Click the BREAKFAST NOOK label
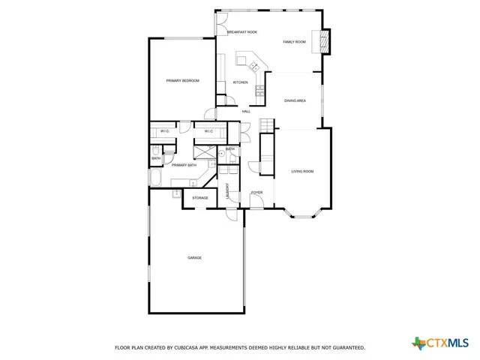pyautogui.click(x=242, y=32)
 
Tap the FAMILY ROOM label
pyautogui.click(x=294, y=42)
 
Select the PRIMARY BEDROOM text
pyautogui.click(x=182, y=80)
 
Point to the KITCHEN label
pyautogui.click(x=240, y=82)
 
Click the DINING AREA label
pyautogui.click(x=295, y=100)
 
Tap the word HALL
pyautogui.click(x=246, y=112)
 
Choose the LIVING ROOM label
pyautogui.click(x=302, y=172)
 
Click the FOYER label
pyautogui.click(x=256, y=193)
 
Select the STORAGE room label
pyautogui.click(x=199, y=198)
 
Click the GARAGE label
pyautogui.click(x=194, y=258)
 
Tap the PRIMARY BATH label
pyautogui.click(x=184, y=165)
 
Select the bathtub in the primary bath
pyautogui.click(x=155, y=179)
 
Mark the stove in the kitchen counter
pyautogui.click(x=259, y=91)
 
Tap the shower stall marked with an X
pyautogui.click(x=202, y=150)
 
